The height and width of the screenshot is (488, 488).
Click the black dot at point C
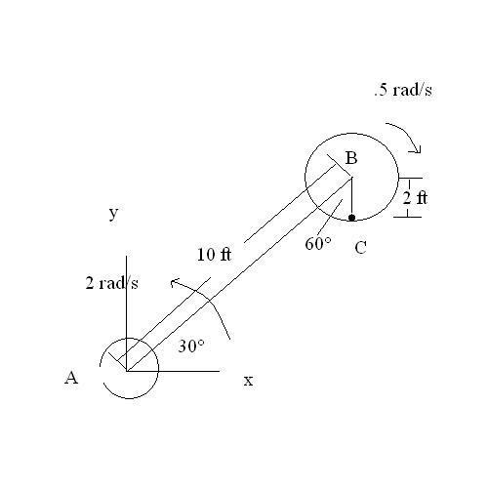pyautogui.click(x=351, y=218)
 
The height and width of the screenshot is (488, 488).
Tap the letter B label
pyautogui.click(x=351, y=158)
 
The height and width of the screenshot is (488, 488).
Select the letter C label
pyautogui.click(x=360, y=248)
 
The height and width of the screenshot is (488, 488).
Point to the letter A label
pyautogui.click(x=71, y=378)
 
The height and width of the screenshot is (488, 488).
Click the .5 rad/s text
pyautogui.click(x=403, y=90)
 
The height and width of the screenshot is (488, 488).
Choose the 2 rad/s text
pyautogui.click(x=111, y=283)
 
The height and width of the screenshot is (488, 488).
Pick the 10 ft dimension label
pyautogui.click(x=214, y=254)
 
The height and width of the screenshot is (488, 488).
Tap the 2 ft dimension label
pyautogui.click(x=415, y=198)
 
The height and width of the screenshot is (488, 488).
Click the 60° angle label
pyautogui.click(x=318, y=243)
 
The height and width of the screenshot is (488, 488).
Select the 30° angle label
pyautogui.click(x=191, y=346)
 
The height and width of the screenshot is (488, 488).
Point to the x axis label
pyautogui.click(x=248, y=381)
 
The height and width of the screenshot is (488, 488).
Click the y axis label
pyautogui.click(x=113, y=214)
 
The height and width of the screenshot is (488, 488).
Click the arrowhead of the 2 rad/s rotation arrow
pyautogui.click(x=175, y=282)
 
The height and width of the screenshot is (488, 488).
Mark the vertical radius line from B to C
pyautogui.click(x=351, y=196)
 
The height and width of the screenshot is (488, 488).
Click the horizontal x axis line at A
pyautogui.click(x=174, y=371)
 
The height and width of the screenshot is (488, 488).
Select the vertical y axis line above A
pyautogui.click(x=127, y=313)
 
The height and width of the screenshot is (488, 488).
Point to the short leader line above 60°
pyautogui.click(x=330, y=217)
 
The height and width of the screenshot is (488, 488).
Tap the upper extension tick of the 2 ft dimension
pyautogui.click(x=411, y=179)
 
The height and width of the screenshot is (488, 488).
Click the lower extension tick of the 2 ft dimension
pyautogui.click(x=408, y=217)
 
